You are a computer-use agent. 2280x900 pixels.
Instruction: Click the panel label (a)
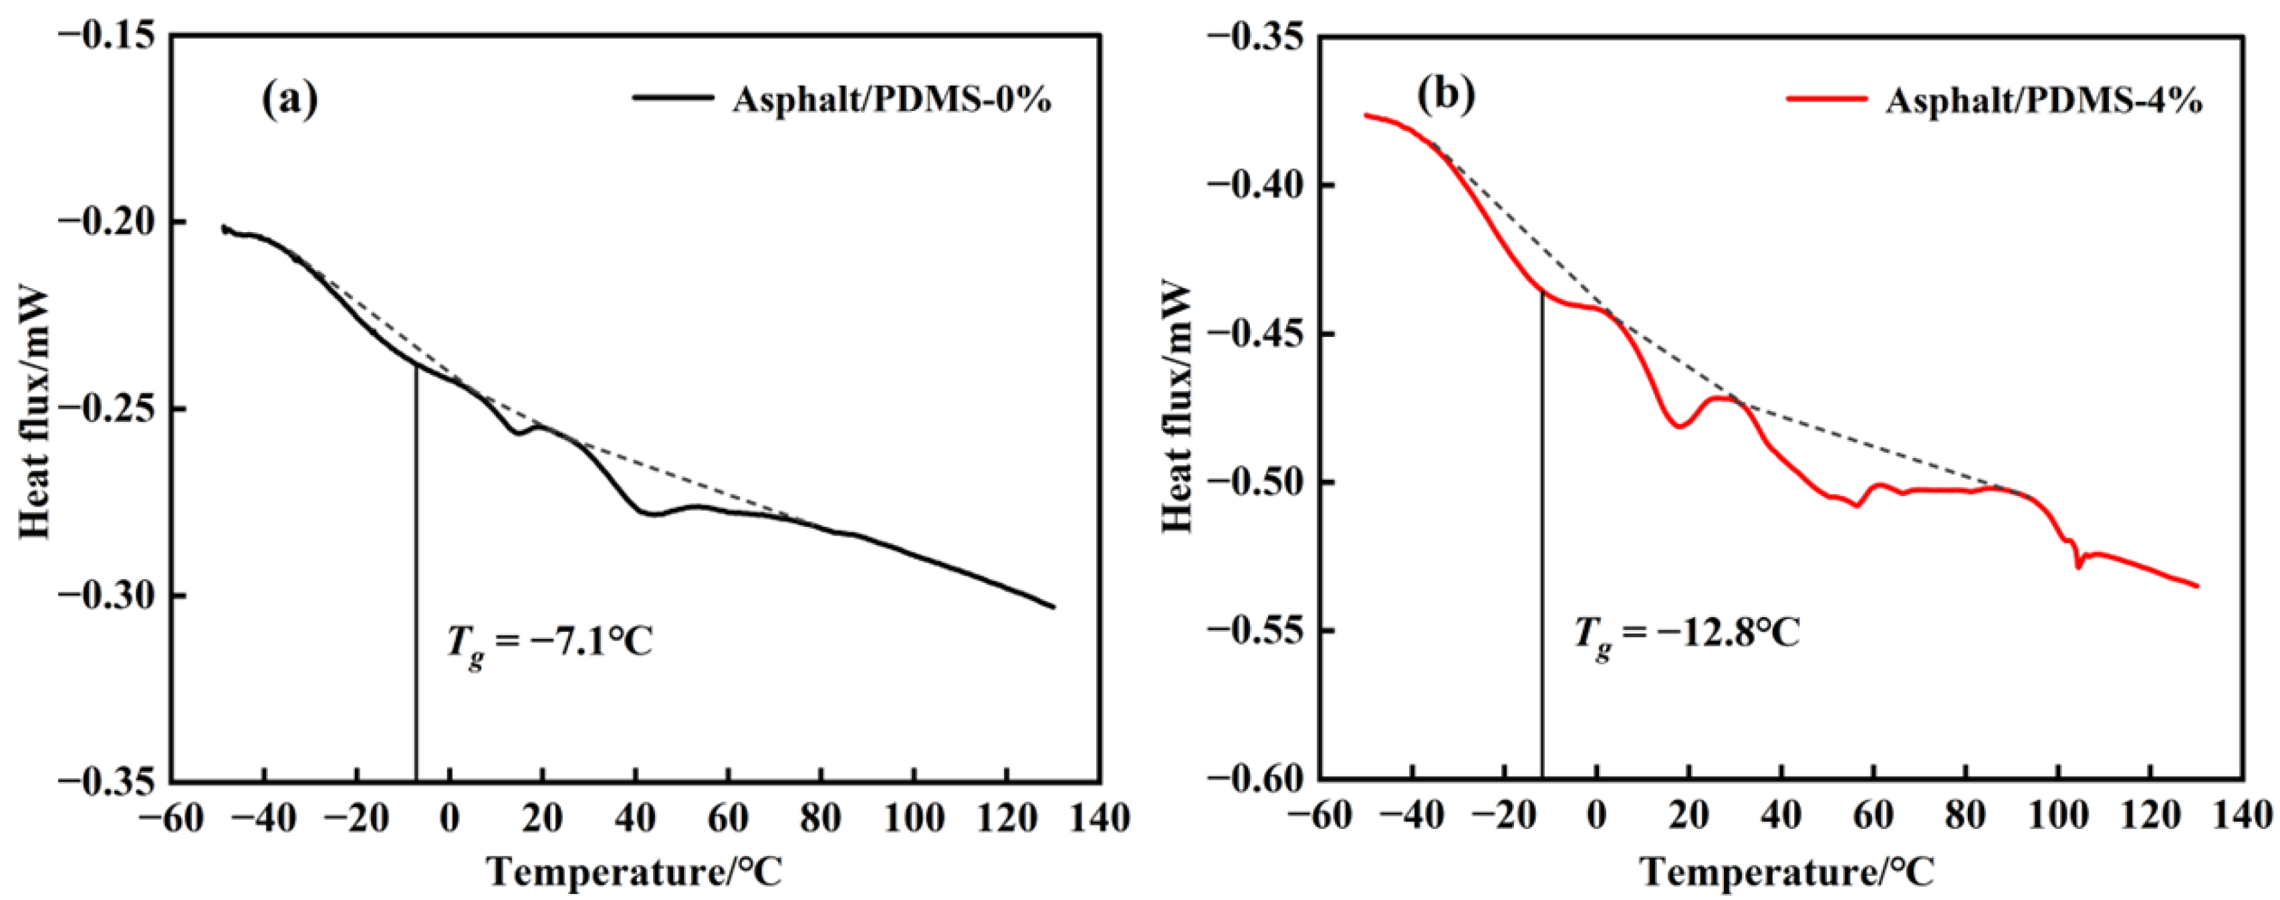(290, 100)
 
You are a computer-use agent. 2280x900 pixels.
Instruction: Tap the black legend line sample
(672, 98)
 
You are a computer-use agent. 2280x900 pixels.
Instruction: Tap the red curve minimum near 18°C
(1678, 427)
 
